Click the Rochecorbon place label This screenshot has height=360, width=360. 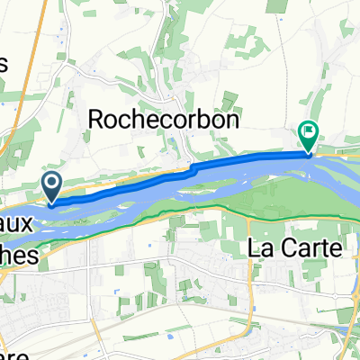coord(151,119)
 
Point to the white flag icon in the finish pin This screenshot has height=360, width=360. coord(309,132)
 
